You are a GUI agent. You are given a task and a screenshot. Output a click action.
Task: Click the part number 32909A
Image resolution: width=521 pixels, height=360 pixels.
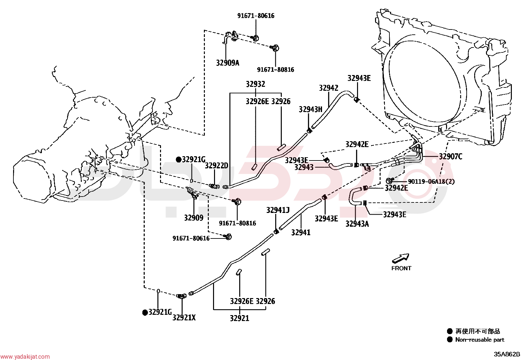[x=227, y=63]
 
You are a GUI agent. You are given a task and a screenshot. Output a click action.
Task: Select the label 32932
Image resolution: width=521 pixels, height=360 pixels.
[x=256, y=84]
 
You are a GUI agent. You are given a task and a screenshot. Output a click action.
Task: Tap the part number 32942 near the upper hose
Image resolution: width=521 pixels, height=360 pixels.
[x=329, y=88]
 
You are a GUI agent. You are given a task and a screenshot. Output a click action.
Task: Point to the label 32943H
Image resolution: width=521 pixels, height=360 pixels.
[x=311, y=109]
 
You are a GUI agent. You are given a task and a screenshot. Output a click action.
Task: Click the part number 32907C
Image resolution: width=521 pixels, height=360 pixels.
[x=451, y=157]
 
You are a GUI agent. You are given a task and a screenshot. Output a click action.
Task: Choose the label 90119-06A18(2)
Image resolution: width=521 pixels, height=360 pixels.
[x=431, y=181]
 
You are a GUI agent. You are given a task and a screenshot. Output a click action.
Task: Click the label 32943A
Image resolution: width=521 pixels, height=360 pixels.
[x=357, y=224]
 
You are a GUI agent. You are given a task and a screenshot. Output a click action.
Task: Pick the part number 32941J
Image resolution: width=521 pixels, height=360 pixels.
[x=278, y=210]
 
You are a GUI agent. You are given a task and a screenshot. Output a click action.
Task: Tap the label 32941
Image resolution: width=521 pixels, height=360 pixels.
[x=301, y=232]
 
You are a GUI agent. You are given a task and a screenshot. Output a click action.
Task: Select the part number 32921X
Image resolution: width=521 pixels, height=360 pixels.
[x=184, y=318]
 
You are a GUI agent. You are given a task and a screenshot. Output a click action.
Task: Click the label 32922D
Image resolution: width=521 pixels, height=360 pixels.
[x=216, y=165]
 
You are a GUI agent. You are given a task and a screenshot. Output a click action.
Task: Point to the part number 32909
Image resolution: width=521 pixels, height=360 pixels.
[x=194, y=218]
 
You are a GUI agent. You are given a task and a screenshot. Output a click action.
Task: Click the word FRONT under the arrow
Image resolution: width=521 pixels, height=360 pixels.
[x=401, y=268]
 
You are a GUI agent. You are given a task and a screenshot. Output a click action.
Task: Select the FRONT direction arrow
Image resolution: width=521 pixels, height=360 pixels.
[x=401, y=258]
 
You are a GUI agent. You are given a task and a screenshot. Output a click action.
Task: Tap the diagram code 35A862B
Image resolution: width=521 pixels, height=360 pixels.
[x=507, y=354]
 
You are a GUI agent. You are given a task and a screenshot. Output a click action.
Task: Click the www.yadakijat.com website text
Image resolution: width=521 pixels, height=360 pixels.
[x=25, y=357]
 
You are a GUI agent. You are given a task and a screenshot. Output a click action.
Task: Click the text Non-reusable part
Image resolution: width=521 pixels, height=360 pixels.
[x=479, y=340]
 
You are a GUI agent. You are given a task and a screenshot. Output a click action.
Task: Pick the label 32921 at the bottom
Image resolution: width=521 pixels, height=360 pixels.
[x=240, y=318]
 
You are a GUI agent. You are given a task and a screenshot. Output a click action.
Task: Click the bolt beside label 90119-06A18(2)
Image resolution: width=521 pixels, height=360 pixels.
[x=389, y=181]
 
